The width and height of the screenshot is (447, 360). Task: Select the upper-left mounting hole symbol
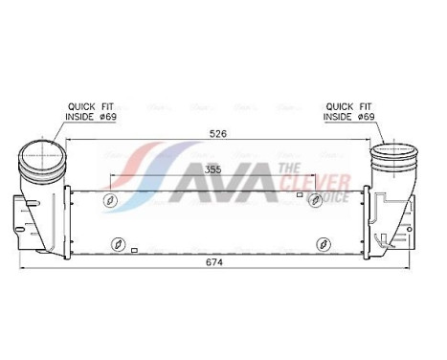110,200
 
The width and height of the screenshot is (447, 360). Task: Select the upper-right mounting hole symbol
315,200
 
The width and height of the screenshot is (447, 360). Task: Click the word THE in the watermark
288,168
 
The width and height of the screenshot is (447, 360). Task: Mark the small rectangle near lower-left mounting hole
136,250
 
